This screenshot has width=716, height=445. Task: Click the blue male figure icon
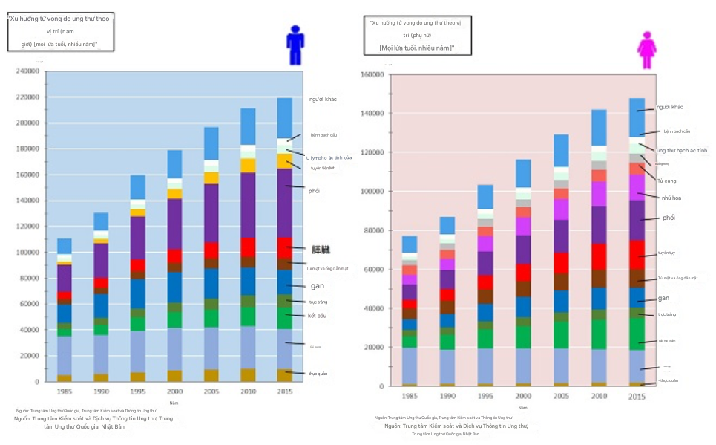click(295, 45)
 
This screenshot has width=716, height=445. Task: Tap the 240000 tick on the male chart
click(27, 71)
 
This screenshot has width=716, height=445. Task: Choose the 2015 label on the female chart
click(637, 397)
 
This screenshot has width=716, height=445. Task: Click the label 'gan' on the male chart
click(316, 285)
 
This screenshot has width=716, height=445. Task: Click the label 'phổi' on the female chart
click(669, 218)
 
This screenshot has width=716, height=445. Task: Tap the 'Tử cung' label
click(666, 181)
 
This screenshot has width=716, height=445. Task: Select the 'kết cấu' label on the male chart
click(317, 316)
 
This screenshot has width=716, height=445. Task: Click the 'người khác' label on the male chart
click(324, 100)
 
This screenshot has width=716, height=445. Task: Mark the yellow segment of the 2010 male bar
click(248, 165)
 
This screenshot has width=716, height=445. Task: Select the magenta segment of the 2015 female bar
click(637, 187)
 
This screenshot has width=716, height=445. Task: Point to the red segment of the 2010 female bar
click(599, 256)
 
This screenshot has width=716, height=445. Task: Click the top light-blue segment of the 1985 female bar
click(410, 244)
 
